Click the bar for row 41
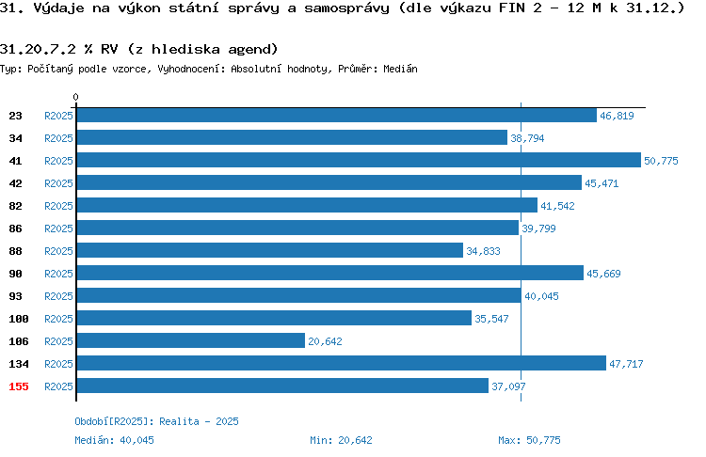[x=359, y=160]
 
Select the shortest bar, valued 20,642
[x=191, y=340]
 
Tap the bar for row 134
[x=342, y=363]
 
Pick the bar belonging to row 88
[x=270, y=250]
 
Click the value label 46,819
[x=617, y=116]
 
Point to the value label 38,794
[x=527, y=138]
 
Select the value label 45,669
[x=603, y=274]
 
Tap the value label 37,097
[x=508, y=386]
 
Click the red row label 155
[x=19, y=386]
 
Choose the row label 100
[x=19, y=319]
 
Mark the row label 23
[x=15, y=116]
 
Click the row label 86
[x=15, y=228]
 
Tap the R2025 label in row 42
[x=58, y=183]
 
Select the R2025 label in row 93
[x=58, y=296]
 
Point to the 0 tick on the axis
[x=75, y=97]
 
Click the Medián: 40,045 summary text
[x=114, y=440]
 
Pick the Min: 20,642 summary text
[x=342, y=440]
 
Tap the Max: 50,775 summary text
[x=529, y=440]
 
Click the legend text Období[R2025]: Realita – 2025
[x=156, y=421]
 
